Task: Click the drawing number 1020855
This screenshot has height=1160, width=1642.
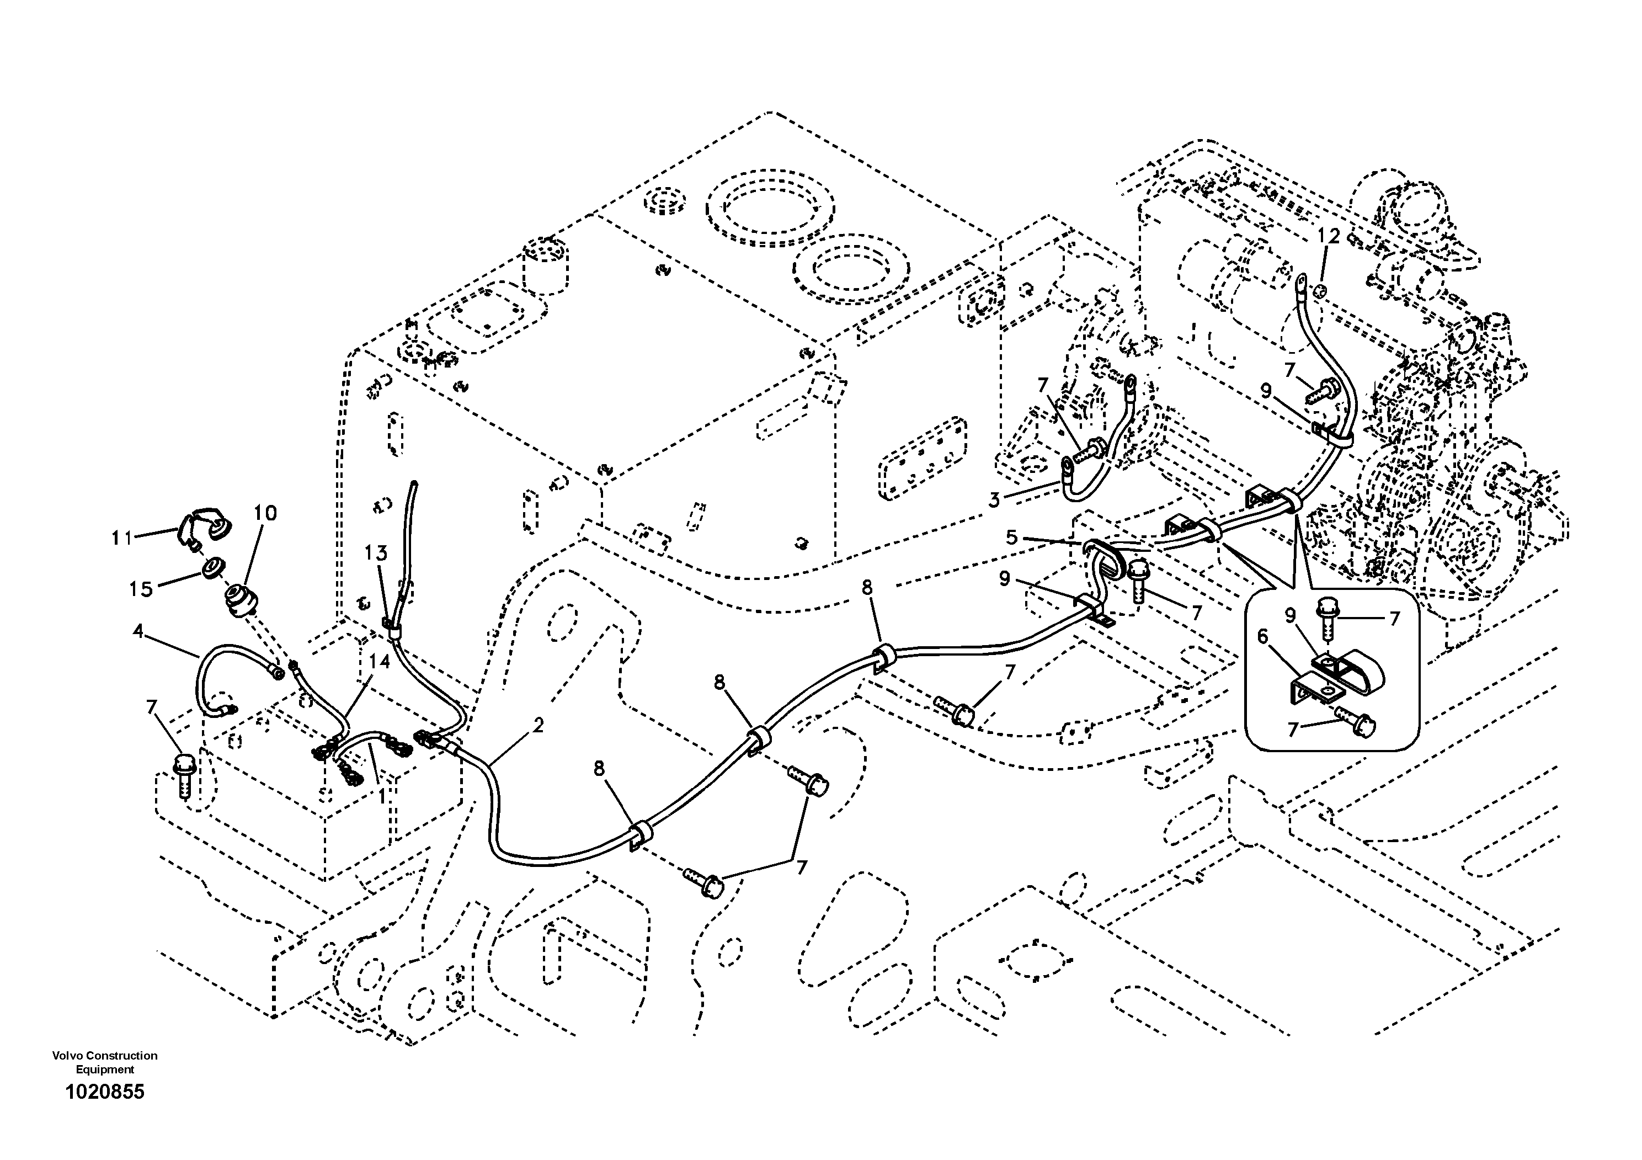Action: [x=104, y=1092]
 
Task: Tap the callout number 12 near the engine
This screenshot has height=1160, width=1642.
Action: [x=1328, y=236]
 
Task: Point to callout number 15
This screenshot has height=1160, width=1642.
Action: [x=141, y=589]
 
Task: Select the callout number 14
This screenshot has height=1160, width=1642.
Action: [x=380, y=662]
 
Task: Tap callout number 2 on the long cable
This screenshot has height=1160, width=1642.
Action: [x=538, y=725]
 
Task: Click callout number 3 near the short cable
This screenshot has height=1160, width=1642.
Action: [x=994, y=500]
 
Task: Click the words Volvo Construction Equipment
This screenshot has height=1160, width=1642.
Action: [x=104, y=1062]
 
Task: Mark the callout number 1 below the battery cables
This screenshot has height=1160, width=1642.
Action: [x=381, y=795]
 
